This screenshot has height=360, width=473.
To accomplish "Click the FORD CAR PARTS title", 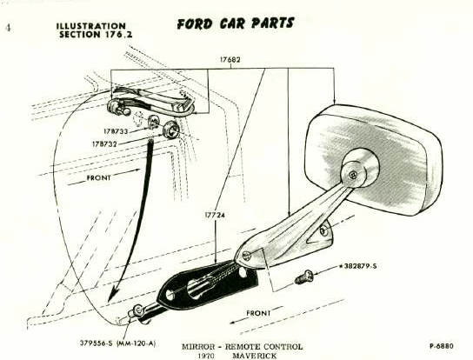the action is (236, 23).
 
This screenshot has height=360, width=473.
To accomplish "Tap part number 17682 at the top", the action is (230, 59).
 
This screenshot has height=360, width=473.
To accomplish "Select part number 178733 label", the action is (116, 131).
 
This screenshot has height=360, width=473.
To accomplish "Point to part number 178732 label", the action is (104, 144).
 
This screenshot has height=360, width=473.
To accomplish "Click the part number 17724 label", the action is (215, 215).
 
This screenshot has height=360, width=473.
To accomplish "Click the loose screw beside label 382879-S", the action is (303, 277).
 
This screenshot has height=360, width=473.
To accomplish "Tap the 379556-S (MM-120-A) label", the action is (118, 343).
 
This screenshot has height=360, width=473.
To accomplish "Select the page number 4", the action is (8, 28).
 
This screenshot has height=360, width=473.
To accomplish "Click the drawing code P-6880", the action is (442, 346).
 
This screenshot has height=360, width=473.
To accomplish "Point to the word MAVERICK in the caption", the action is (254, 356).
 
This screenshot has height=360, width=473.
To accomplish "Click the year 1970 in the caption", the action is (206, 356).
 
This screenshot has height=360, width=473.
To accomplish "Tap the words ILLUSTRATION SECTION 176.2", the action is (94, 30).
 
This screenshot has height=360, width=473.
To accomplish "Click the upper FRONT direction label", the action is (98, 178).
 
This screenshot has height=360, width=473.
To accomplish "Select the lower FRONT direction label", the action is (258, 313).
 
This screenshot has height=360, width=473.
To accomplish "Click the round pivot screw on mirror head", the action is (352, 175).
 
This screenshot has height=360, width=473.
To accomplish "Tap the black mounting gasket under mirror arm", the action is (208, 283).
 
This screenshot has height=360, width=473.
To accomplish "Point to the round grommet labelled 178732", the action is (171, 130).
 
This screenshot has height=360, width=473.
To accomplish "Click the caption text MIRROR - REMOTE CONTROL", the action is (242, 347).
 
